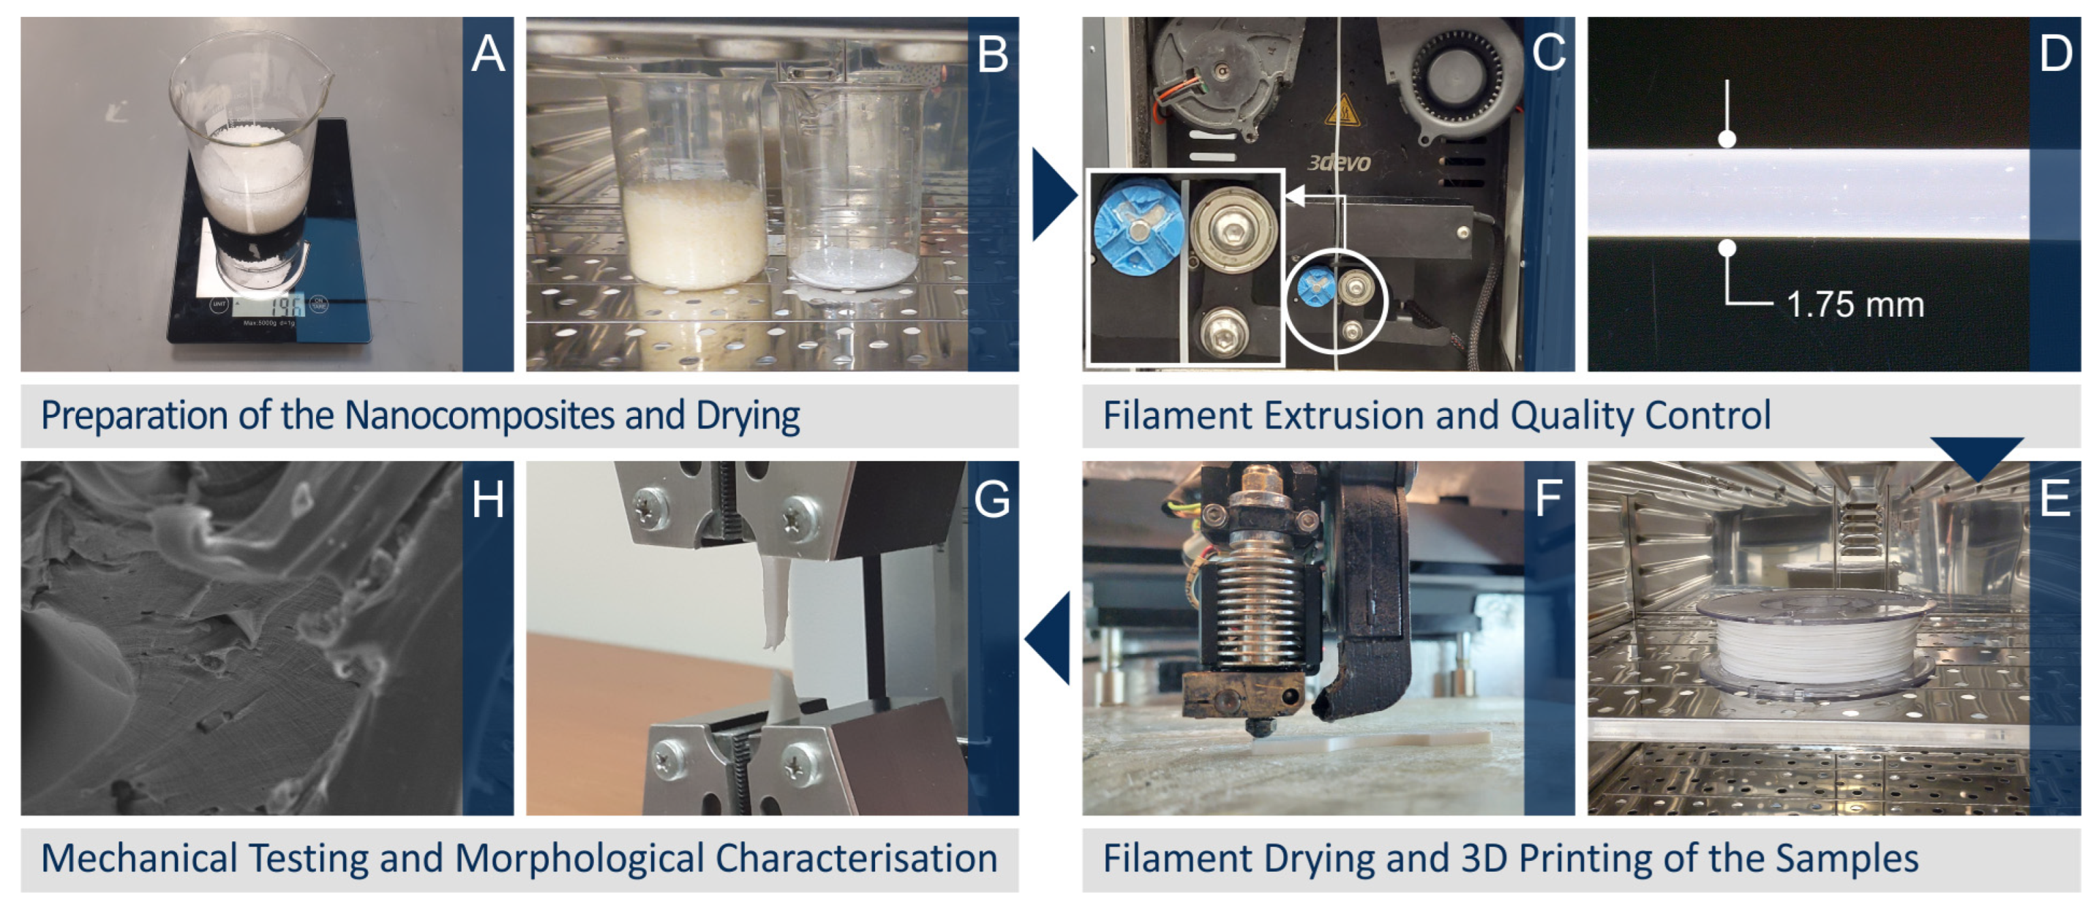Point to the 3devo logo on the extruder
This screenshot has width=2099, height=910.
pos(1339,163)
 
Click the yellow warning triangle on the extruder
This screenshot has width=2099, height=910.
pos(1342,112)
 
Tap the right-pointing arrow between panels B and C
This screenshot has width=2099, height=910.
pos(1054,195)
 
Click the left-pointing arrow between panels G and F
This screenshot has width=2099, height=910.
pos(1049,639)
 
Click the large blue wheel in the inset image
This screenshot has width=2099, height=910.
pos(1136,232)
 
